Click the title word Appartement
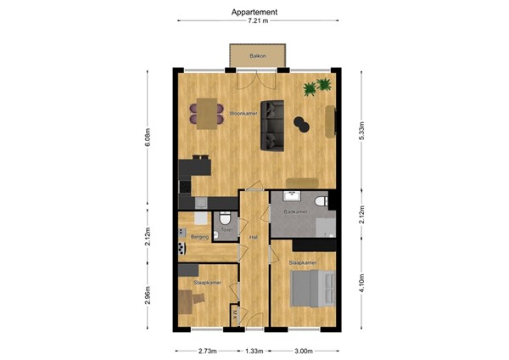click(x=255, y=12)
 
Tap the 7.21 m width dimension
click(x=258, y=21)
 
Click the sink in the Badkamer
click(x=318, y=200)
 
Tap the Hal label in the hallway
click(x=253, y=238)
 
